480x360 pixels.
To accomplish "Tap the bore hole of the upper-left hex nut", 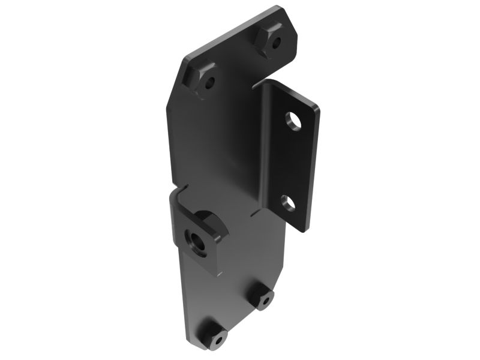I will [x=209, y=83].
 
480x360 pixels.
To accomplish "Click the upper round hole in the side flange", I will [x=293, y=120].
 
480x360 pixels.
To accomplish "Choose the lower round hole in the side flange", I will [x=289, y=203].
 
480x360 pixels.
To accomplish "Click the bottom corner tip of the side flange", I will [x=304, y=230].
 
